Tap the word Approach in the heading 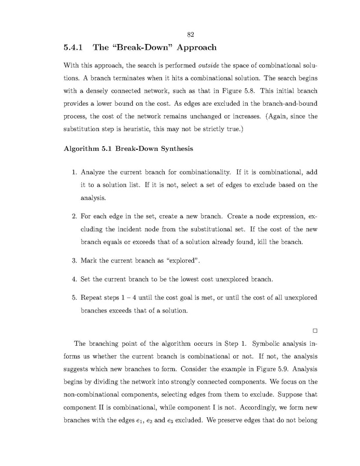(191, 48)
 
